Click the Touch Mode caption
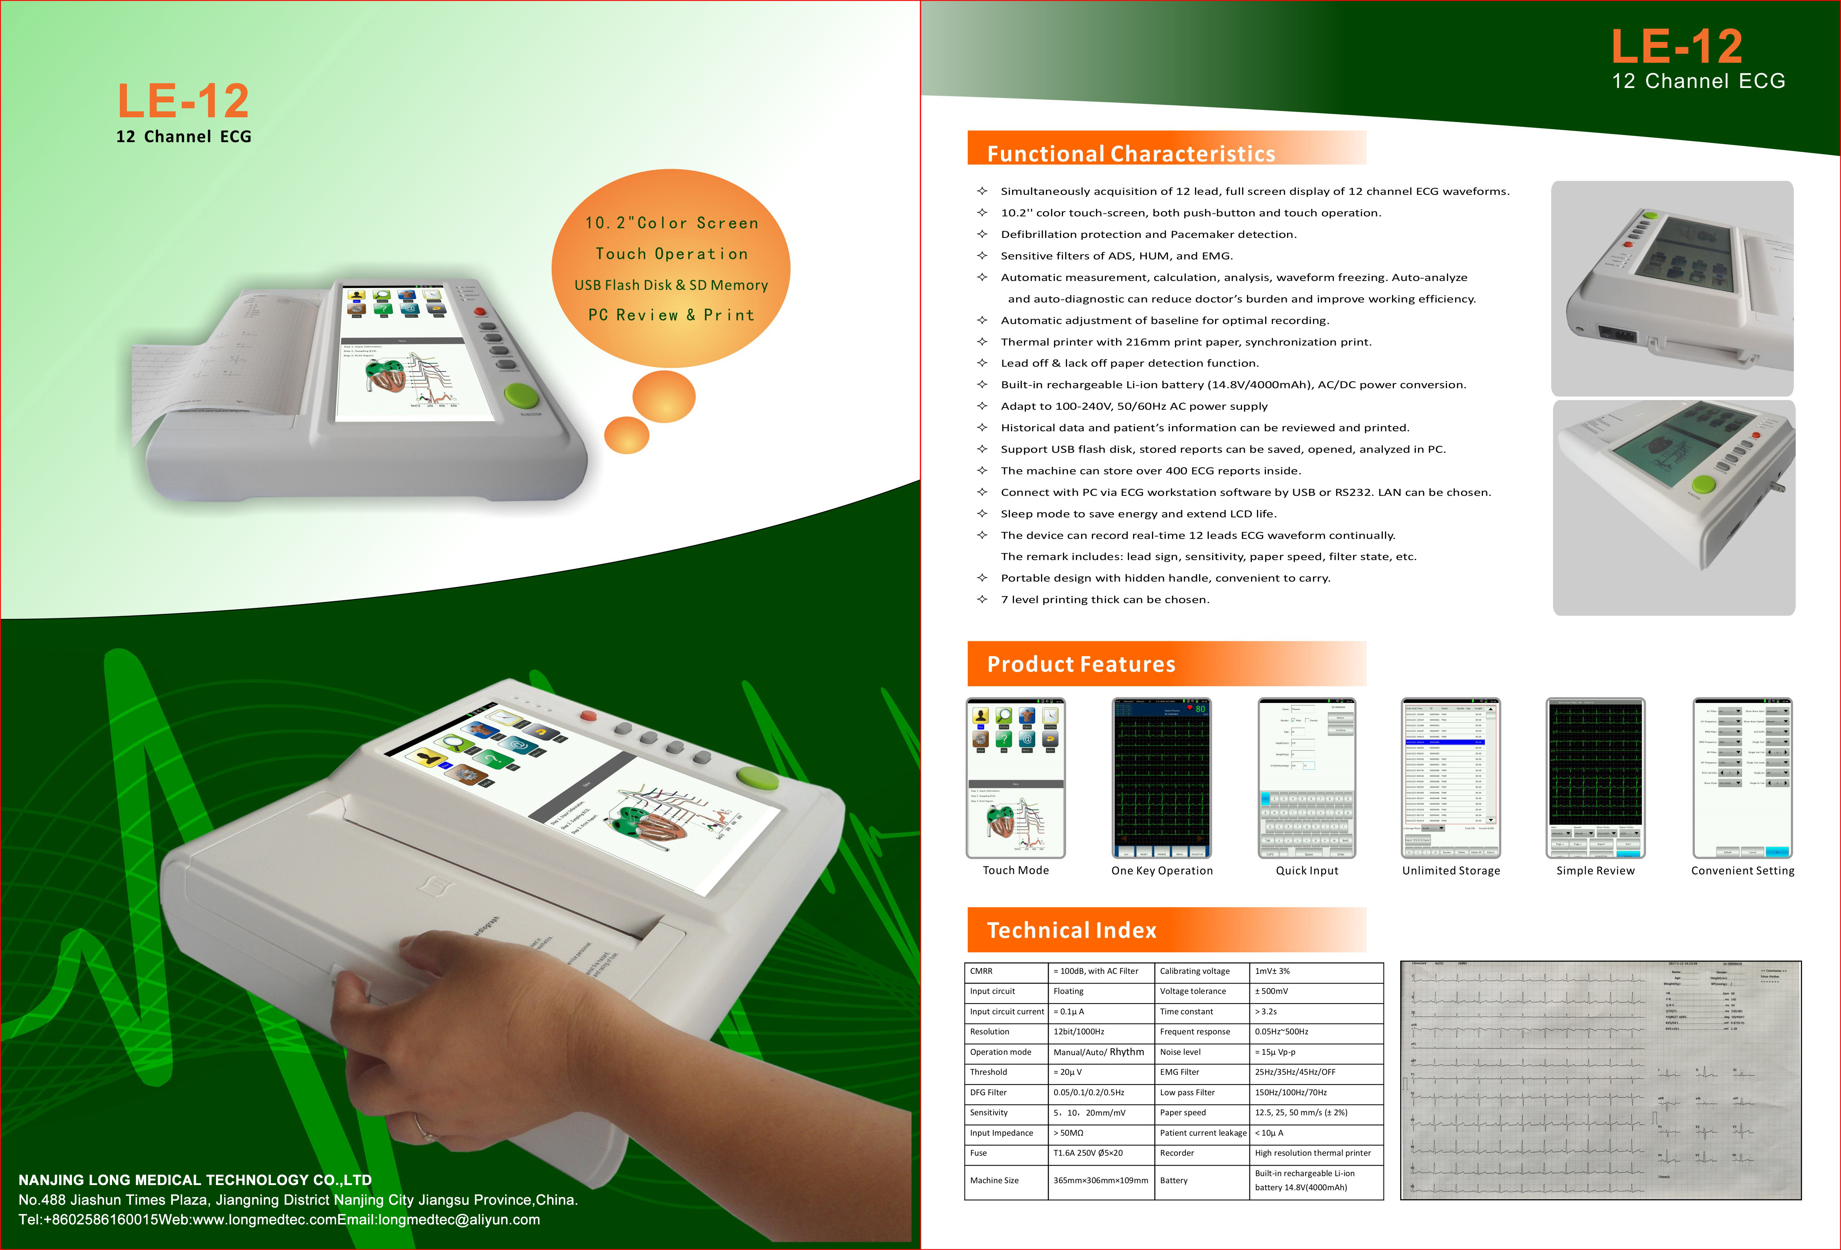click(x=1015, y=870)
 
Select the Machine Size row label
click(x=994, y=1180)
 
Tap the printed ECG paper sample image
click(x=1600, y=1080)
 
